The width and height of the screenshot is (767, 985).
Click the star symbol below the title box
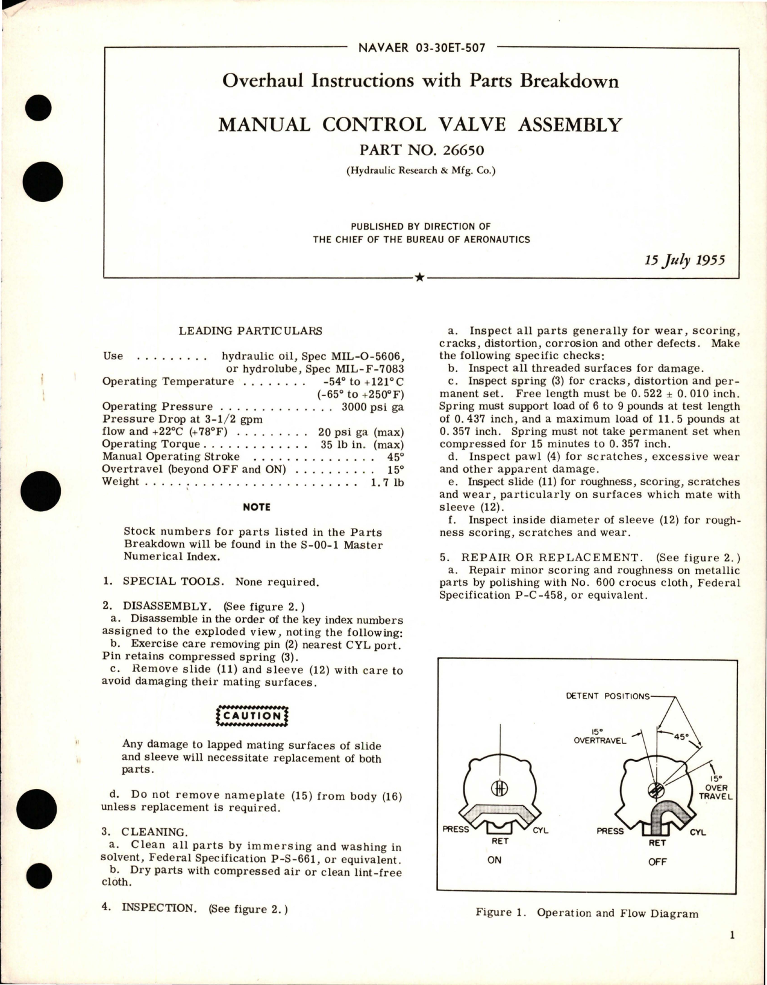pos(420,277)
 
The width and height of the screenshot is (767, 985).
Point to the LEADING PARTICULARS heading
pos(250,330)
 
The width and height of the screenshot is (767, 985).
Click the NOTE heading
pos(256,507)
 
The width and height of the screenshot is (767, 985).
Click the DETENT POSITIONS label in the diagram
pos(607,696)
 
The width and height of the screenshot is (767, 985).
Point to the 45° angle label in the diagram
pos(680,736)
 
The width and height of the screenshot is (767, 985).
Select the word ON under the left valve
pos(494,860)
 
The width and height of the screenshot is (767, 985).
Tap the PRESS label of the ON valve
pos(456,829)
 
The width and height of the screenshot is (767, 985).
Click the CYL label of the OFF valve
pos(698,832)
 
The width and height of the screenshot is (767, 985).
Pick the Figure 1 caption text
pos(586,913)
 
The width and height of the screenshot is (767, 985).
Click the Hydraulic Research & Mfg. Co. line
pos(421,171)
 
